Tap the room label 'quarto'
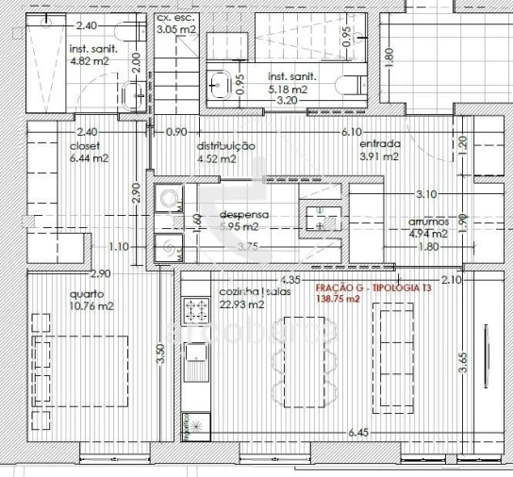click(87, 293)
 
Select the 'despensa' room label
click(245, 214)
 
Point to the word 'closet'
click(85, 146)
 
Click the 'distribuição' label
click(225, 146)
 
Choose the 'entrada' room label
click(379, 144)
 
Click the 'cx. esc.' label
click(175, 17)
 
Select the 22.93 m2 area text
click(240, 304)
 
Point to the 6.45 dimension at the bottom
click(358, 433)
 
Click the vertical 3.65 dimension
click(462, 363)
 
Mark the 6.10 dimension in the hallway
click(352, 132)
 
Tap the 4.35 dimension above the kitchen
click(290, 280)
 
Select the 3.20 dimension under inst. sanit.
click(288, 99)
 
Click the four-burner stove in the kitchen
click(196, 309)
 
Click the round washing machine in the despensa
click(170, 198)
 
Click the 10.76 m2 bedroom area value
click(91, 306)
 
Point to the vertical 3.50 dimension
click(160, 354)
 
